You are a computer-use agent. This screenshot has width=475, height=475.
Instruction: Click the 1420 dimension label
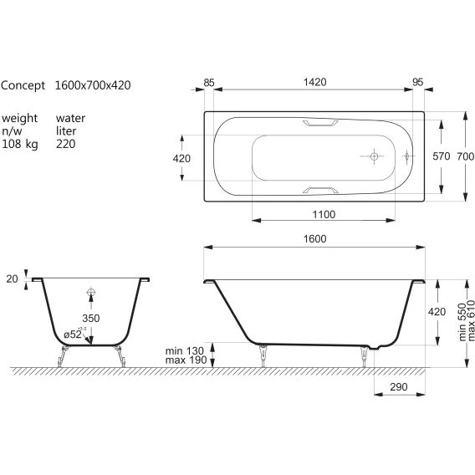[314, 82]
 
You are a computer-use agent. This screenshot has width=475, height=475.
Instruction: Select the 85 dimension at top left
[209, 83]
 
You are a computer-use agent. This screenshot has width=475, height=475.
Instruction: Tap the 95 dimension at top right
[418, 82]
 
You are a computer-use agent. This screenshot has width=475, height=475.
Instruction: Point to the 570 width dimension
[442, 156]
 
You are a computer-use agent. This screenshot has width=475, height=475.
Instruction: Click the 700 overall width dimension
[466, 156]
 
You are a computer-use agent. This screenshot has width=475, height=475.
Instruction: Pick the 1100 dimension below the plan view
[324, 214]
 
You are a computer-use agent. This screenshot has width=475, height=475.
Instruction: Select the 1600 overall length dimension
[314, 238]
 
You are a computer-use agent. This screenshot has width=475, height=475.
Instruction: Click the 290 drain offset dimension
[399, 387]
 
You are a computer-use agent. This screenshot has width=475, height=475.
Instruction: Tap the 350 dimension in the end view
[91, 318]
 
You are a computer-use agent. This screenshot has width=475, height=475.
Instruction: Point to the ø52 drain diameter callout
[74, 334]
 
